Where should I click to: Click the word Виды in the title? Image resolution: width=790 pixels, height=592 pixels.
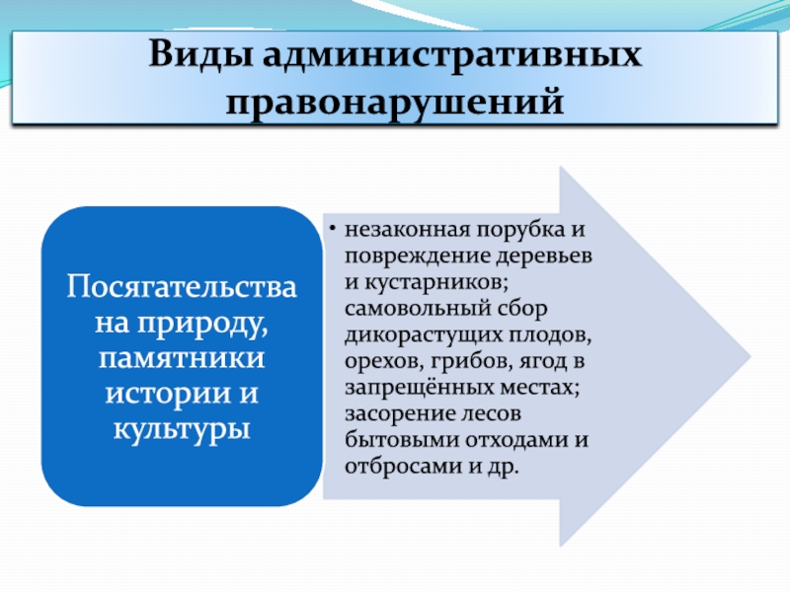click(x=201, y=54)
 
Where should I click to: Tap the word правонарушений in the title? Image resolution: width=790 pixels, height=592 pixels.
click(x=394, y=102)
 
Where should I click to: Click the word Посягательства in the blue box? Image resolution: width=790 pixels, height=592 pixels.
click(x=182, y=287)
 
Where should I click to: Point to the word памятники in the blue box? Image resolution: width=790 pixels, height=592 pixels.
click(x=182, y=358)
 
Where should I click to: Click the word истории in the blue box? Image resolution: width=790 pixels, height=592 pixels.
click(x=167, y=394)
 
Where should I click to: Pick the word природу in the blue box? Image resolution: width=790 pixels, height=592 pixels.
click(x=202, y=325)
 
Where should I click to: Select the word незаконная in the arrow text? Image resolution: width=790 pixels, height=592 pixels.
click(x=407, y=230)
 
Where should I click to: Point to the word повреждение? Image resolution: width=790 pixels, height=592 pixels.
click(x=417, y=257)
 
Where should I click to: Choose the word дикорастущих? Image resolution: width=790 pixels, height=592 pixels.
click(x=424, y=335)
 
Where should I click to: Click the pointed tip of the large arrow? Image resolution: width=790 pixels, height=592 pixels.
click(x=750, y=356)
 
